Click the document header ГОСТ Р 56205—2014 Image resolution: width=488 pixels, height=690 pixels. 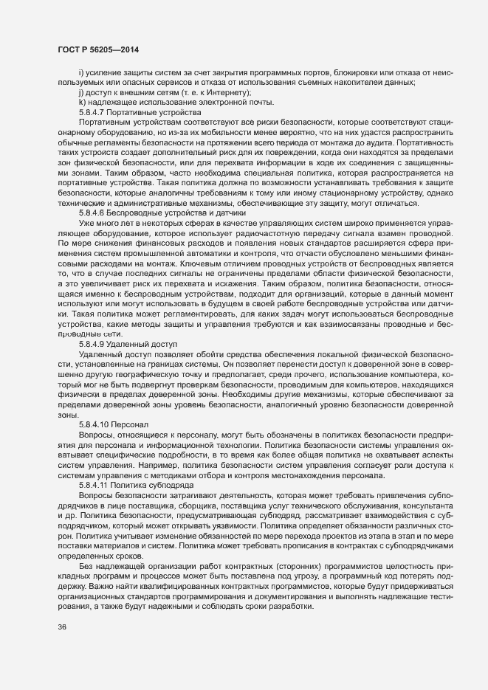(x=97, y=49)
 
